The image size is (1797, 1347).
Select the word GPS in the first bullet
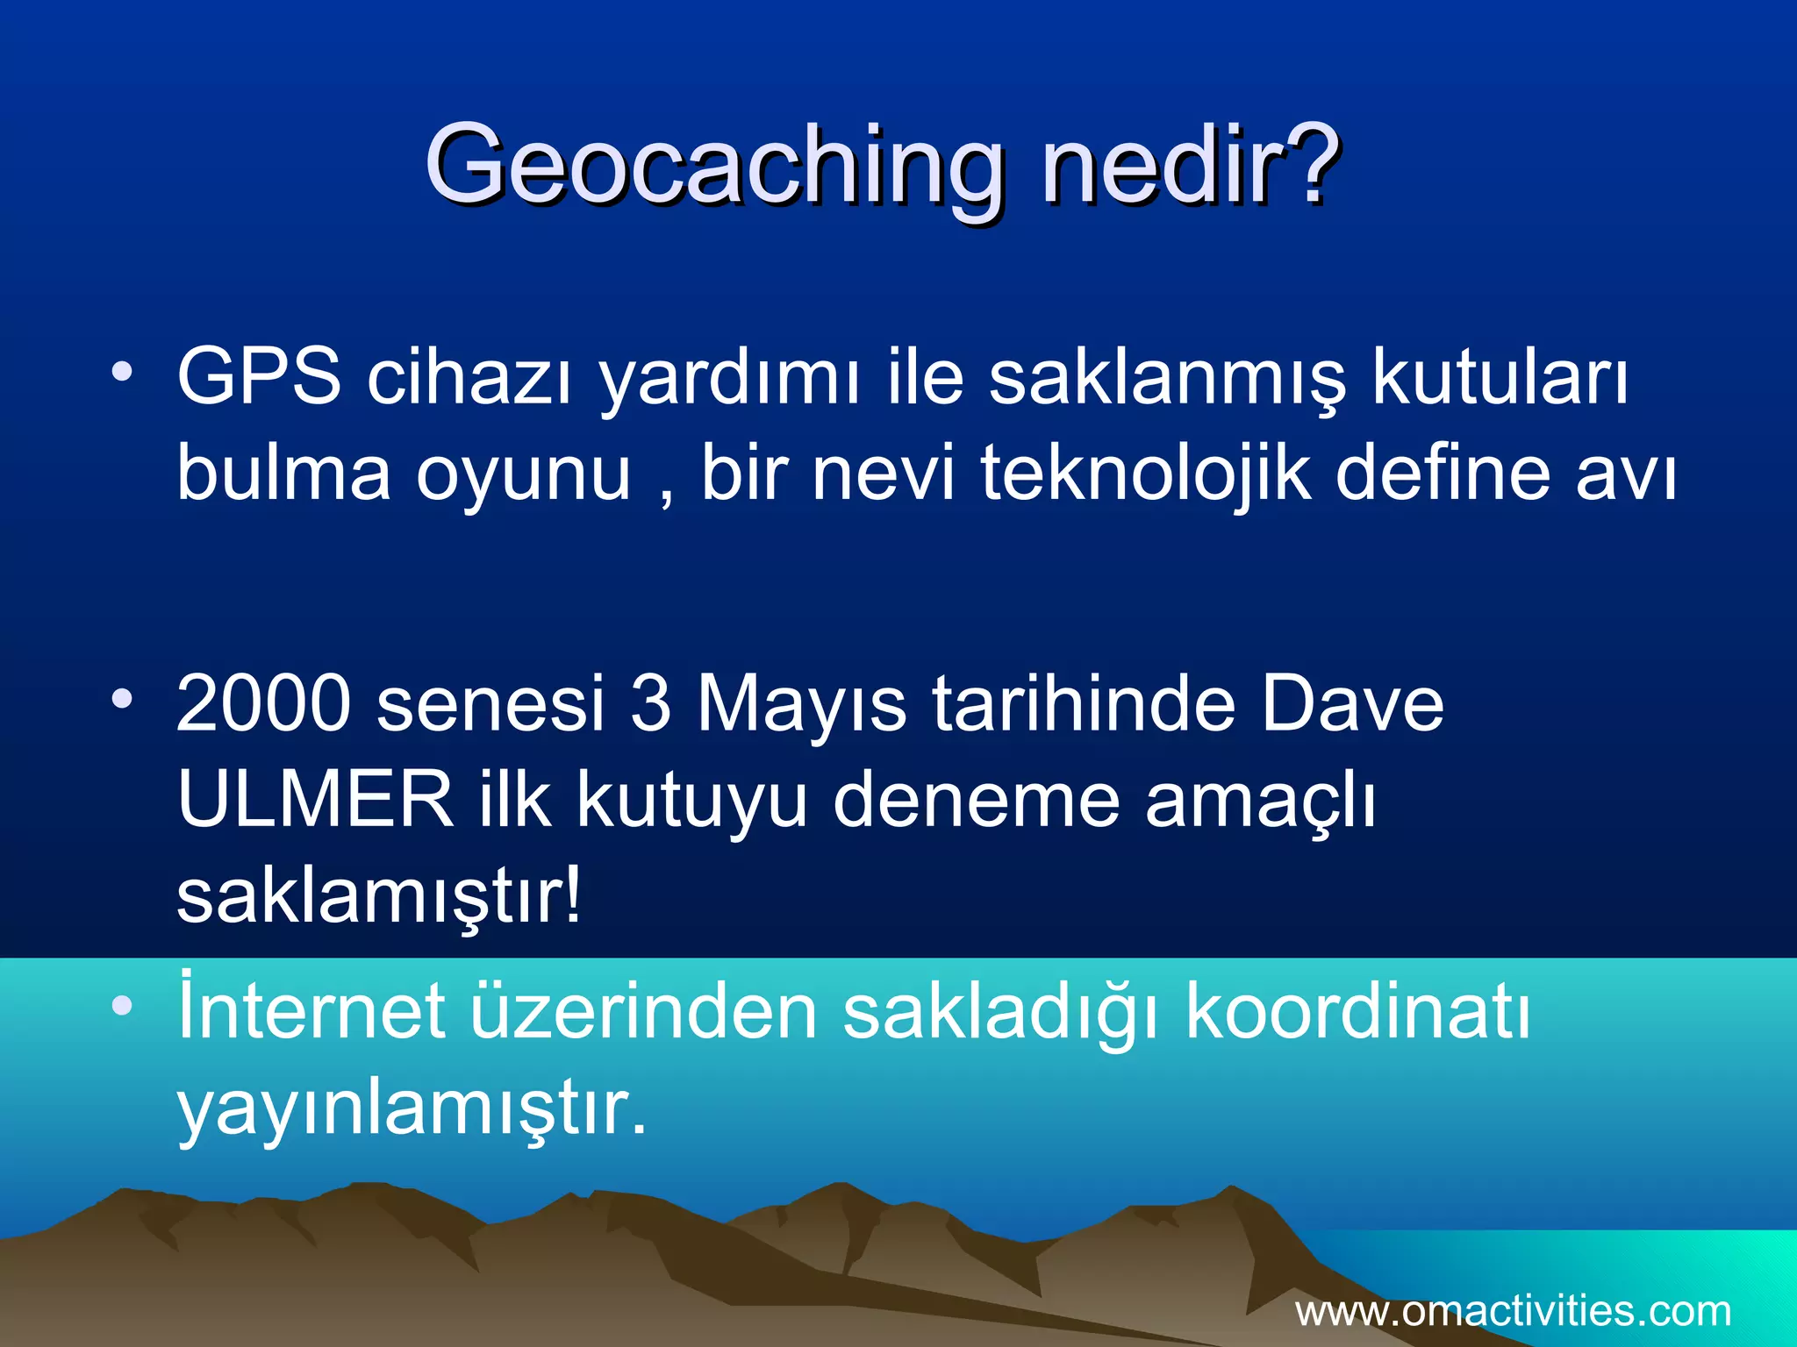point(259,377)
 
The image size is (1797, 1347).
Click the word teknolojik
point(1145,474)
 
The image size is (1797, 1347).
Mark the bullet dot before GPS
point(122,373)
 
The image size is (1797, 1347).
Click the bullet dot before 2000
point(122,699)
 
